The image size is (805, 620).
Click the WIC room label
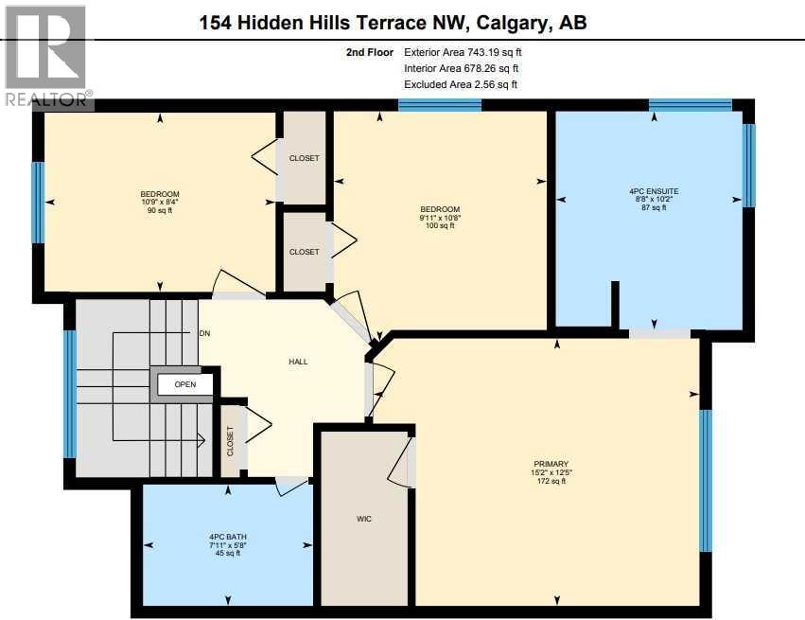[363, 519]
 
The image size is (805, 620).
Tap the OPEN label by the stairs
[184, 384]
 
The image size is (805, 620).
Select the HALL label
[298, 362]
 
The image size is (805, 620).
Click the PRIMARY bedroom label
[550, 464]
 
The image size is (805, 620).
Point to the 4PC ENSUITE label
[654, 191]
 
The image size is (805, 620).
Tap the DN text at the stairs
[204, 333]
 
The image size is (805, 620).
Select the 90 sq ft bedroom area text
[160, 211]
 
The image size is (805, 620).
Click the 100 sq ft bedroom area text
[440, 226]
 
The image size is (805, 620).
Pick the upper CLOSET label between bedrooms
[304, 158]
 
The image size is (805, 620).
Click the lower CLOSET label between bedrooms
[304, 252]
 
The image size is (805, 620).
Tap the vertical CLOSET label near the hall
[230, 441]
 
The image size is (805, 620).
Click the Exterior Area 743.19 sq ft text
[463, 53]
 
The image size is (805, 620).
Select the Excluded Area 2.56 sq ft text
[461, 84]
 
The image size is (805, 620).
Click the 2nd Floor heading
[370, 53]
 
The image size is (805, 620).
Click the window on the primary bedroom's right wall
[705, 480]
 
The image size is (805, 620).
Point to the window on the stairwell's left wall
[69, 393]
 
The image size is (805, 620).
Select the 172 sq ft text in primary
[550, 481]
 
